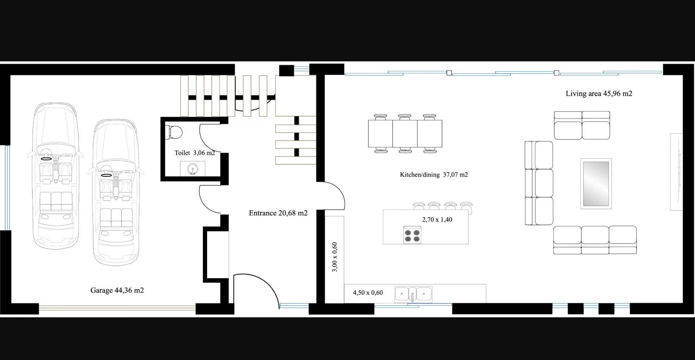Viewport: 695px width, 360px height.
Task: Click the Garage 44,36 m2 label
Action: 117,290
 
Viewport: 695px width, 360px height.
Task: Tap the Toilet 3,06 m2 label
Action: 195,153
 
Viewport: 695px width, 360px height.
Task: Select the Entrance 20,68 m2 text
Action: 278,213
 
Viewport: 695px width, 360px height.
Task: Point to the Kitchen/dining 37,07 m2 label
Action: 434,174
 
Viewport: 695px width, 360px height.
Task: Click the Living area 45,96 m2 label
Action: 599,93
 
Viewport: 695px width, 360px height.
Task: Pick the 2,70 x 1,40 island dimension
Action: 437,219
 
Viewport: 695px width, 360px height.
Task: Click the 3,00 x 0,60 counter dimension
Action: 334,257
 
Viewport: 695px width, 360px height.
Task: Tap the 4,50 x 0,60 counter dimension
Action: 368,292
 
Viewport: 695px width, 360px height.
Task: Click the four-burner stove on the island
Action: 412,234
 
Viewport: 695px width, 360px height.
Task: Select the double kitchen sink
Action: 413,294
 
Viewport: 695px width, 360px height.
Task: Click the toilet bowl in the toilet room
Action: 173,132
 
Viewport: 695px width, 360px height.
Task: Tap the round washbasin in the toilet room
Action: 192,168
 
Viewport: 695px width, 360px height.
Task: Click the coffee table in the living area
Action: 596,183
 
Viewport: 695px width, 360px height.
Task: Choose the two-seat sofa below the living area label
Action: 582,125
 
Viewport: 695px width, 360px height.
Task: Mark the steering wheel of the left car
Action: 46,158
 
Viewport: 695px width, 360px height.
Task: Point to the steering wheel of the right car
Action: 106,175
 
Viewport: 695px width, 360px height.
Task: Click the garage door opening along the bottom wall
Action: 117,308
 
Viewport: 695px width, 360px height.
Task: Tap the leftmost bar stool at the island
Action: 419,206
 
